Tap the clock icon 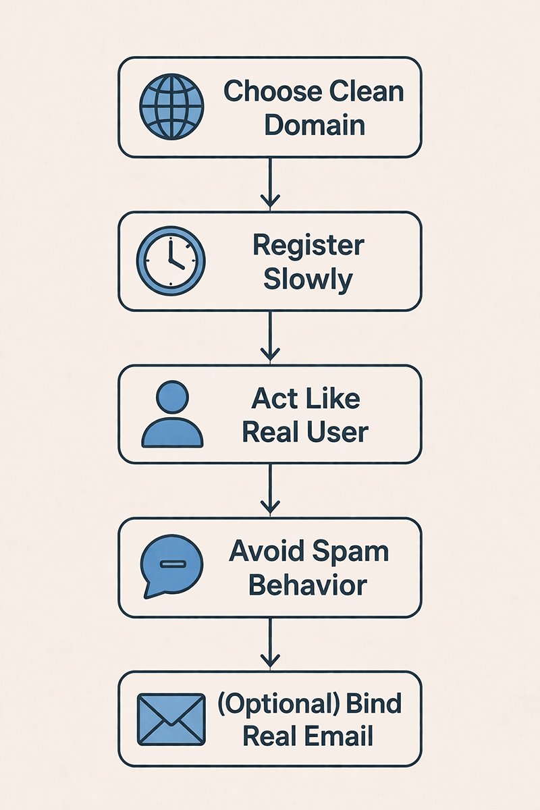click(x=171, y=261)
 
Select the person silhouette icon click(x=171, y=414)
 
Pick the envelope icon click(x=171, y=720)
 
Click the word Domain click(x=315, y=126)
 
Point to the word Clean click(x=365, y=91)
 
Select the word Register click(x=308, y=246)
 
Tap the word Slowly click(x=308, y=279)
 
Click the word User click(x=337, y=432)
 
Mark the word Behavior click(x=308, y=585)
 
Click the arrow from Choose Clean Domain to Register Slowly click(x=270, y=183)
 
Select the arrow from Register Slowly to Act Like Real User click(x=270, y=336)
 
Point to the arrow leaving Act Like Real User click(x=270, y=489)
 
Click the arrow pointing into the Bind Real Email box click(x=270, y=643)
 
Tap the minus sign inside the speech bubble click(x=173, y=563)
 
